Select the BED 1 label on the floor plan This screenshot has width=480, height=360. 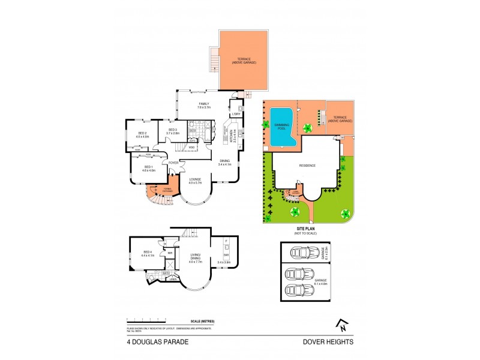point(148,169)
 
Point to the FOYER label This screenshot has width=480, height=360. point(173,163)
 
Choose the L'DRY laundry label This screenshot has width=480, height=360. point(236,113)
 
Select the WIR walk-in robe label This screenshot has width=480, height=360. point(170,253)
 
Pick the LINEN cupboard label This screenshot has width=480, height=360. point(172,279)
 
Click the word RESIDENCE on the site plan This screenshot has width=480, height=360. point(307,166)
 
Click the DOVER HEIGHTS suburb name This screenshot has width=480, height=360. point(329,341)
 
